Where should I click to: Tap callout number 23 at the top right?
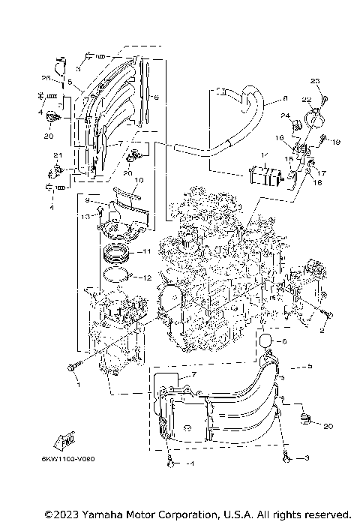[315, 81]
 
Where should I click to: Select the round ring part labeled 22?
[315, 118]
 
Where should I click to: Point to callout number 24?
[286, 115]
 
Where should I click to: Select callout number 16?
[278, 139]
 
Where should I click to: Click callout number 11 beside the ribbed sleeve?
[147, 250]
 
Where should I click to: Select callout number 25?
[44, 78]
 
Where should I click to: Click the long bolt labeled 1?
[73, 367]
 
